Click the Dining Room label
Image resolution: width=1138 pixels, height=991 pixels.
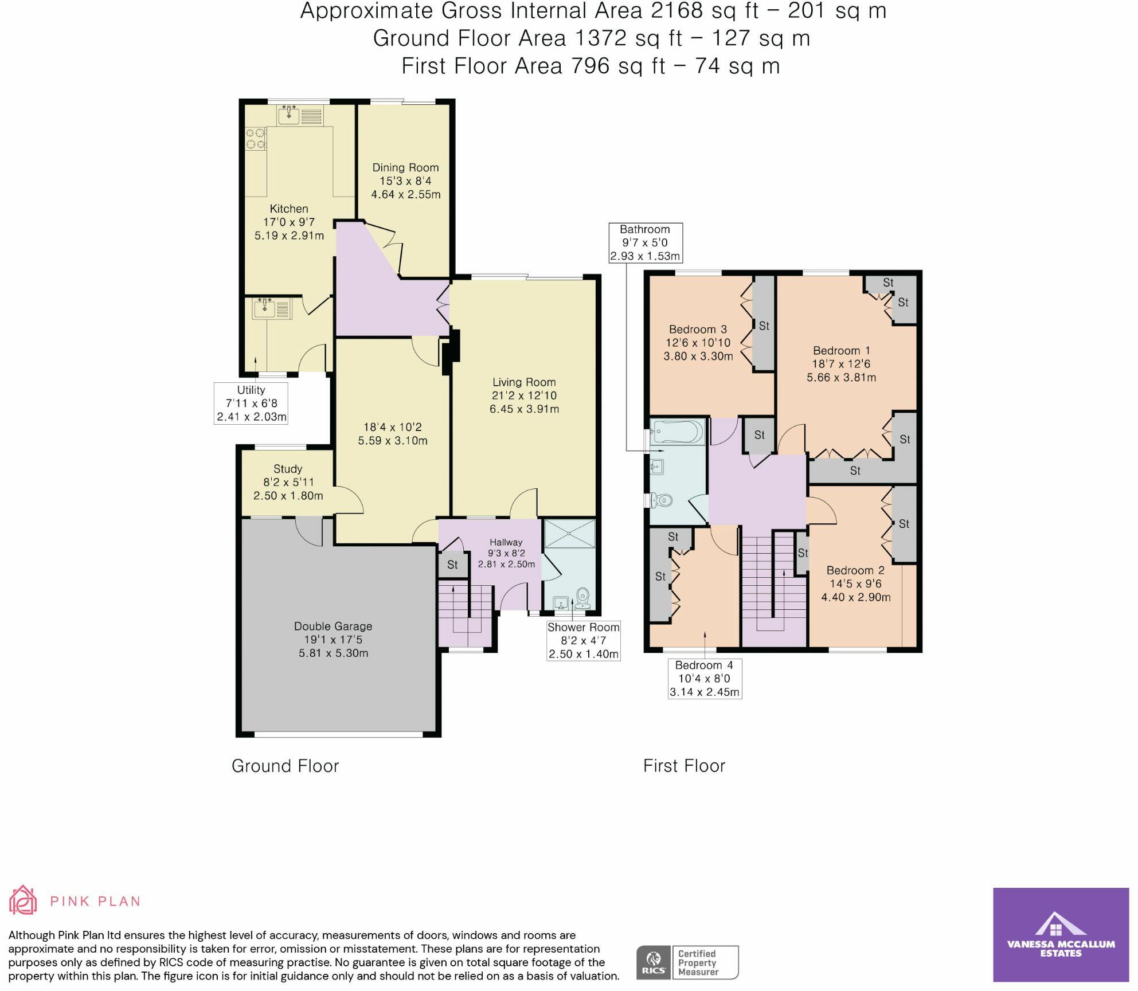point(405,168)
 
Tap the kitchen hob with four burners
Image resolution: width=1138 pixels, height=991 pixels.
point(256,138)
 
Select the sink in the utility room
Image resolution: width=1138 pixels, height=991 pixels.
point(265,310)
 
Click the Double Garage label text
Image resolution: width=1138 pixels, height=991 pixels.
point(333,626)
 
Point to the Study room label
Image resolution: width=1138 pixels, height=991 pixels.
point(288,469)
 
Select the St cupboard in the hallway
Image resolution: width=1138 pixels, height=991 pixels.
point(452,565)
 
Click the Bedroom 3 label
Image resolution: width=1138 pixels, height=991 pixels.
point(698,330)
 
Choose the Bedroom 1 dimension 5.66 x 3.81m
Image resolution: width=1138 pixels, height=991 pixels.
point(841,378)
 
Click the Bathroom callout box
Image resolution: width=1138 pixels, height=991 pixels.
point(645,242)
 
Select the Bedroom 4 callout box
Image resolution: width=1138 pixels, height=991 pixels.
point(705,679)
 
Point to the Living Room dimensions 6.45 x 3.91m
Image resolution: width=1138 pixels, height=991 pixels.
point(524,409)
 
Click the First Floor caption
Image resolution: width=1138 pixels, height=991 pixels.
point(684,766)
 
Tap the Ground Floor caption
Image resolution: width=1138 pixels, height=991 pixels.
point(286,766)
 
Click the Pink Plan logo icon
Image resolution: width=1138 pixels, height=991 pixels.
point(23,900)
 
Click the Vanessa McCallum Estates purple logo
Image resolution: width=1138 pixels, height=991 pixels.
point(1061,935)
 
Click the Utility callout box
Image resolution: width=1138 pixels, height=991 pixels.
point(251,404)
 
